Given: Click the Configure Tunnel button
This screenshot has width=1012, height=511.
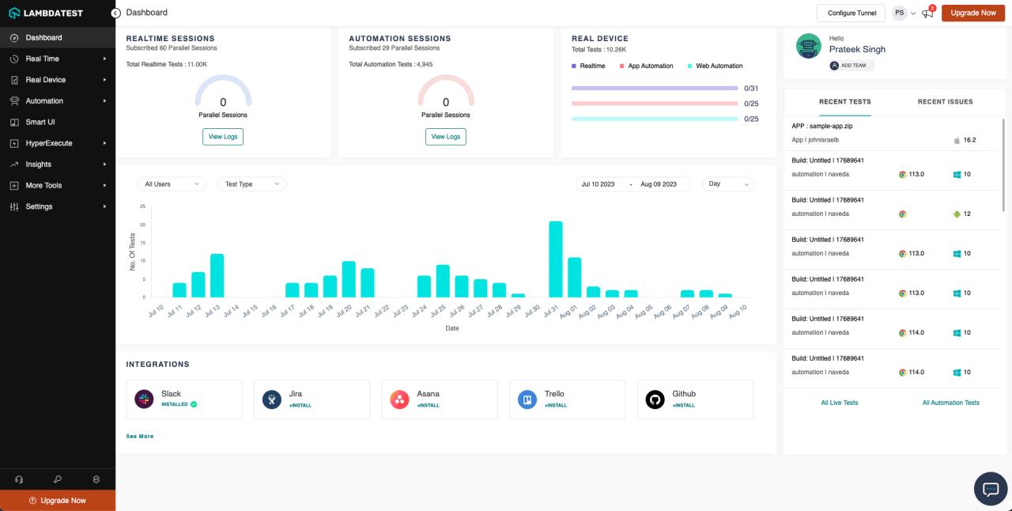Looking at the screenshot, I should [851, 13].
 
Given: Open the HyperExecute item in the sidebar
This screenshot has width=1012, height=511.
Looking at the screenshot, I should [49, 143].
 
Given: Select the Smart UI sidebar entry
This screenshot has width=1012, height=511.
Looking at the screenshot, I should [40, 122].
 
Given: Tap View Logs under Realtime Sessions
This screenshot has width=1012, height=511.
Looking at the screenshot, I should [223, 137].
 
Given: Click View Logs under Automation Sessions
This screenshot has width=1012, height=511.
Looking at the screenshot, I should [446, 137].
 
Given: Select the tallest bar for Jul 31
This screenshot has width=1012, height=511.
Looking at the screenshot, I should [556, 259].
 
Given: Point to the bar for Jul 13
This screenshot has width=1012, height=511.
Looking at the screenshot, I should [217, 275].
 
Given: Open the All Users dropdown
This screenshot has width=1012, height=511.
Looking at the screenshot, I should [171, 184].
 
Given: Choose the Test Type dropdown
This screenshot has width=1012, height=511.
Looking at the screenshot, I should [251, 184].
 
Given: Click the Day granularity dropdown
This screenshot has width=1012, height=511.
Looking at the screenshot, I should [728, 184].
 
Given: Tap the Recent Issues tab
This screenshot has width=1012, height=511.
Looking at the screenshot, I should [945, 102].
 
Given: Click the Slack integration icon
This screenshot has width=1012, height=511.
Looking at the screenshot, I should [144, 399].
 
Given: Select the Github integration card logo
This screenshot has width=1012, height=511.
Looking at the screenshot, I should [655, 399].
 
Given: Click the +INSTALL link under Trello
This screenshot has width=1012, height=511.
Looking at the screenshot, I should [556, 406].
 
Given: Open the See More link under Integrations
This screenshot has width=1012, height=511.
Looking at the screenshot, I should [140, 436].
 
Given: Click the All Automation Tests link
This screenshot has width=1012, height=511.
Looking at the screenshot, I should [950, 403].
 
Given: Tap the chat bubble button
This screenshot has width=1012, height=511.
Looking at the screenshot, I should [990, 488].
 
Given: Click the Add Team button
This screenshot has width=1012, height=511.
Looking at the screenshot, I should [852, 66].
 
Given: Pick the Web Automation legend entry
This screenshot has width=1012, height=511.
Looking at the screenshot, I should [718, 66].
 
